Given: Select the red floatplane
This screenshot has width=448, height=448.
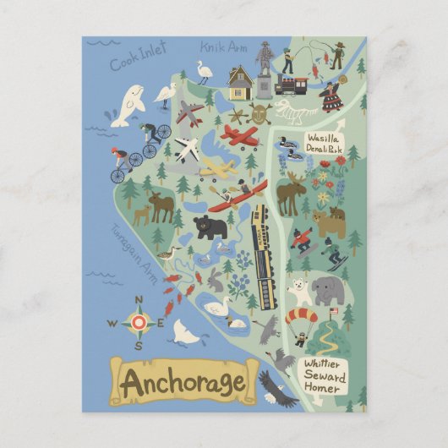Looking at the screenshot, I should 240,135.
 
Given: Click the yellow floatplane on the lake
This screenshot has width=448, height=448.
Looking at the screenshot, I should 218,168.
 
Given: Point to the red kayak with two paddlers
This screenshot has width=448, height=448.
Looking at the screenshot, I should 238,196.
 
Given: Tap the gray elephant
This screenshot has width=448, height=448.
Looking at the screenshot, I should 327,291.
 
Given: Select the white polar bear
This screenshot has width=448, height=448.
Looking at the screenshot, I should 299,292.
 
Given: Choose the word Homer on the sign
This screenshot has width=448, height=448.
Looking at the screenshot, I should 322,390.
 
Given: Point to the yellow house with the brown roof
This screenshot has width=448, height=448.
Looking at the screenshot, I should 240,83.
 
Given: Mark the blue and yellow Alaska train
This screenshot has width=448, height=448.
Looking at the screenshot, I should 265,254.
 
